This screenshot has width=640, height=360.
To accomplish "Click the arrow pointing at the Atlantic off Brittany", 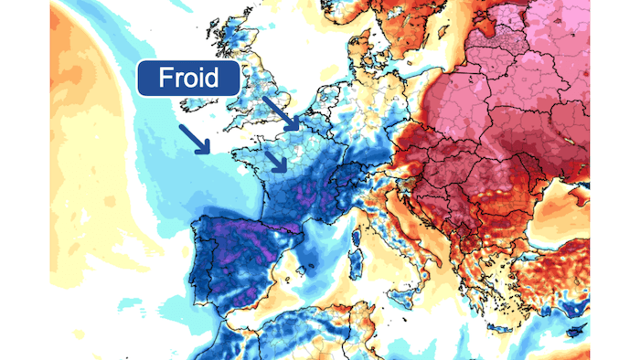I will [x=194, y=139].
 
